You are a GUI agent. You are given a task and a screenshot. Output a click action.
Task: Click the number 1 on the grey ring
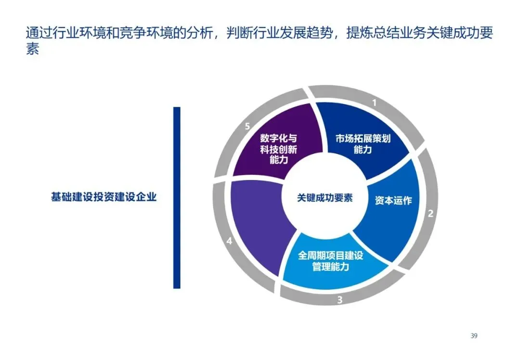click(x=374, y=103)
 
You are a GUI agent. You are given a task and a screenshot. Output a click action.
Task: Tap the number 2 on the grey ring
click(x=431, y=213)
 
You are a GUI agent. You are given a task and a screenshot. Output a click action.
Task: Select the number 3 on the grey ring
click(x=339, y=300)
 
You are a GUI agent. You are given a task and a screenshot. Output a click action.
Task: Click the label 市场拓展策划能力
click(x=363, y=144)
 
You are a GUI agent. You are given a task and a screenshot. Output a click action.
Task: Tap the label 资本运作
click(x=393, y=201)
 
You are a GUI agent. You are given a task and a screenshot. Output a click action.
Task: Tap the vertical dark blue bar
click(x=177, y=197)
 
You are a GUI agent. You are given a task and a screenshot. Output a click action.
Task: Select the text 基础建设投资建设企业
click(x=104, y=197)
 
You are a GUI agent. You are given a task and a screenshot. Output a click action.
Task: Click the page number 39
click(x=474, y=336)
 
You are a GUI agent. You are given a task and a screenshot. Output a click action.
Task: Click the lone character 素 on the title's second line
click(x=32, y=50)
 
